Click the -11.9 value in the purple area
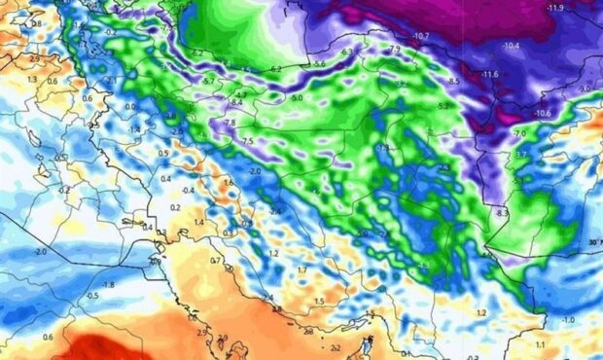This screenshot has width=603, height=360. pyautogui.click(x=556, y=9)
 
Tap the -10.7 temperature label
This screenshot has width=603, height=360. pyautogui.click(x=421, y=37)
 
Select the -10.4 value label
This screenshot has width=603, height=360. pyautogui.click(x=512, y=46)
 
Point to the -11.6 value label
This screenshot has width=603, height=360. pyautogui.click(x=489, y=75)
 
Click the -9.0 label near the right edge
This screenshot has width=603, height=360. pyautogui.click(x=584, y=90)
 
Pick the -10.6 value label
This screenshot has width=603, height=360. pyautogui.click(x=543, y=114)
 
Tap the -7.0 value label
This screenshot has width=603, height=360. pyautogui.click(x=519, y=133)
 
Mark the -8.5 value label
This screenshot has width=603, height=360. pyautogui.click(x=453, y=80)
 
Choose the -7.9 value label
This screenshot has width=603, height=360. pyautogui.click(x=394, y=49)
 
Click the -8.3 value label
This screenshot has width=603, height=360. pyautogui.click(x=502, y=213)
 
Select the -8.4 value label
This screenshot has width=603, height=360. pyautogui.click(x=236, y=101)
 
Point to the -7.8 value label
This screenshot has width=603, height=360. pyautogui.click(x=231, y=124)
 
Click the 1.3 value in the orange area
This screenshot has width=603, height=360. pyautogui.click(x=32, y=79)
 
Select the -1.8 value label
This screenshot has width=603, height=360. pyautogui.click(x=108, y=285)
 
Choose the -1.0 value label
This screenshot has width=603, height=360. pyautogui.click(x=568, y=320)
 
